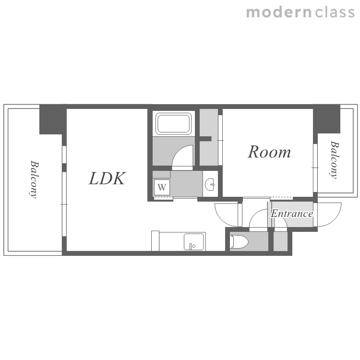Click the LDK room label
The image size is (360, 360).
[107, 179]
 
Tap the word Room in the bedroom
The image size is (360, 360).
[269, 152]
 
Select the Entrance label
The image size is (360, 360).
[292, 214]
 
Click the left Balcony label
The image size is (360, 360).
[34, 180]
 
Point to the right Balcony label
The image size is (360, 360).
[334, 159]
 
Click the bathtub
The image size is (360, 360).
[174, 123]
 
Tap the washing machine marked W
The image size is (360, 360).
[162, 187]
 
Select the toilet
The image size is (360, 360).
[239, 241]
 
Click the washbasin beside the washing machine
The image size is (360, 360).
[210, 184]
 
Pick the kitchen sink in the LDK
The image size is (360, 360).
[194, 242]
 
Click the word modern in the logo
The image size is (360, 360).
[279, 12]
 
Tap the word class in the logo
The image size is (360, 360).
[335, 12]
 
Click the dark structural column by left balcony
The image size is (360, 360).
[53, 120]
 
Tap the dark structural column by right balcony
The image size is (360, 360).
[326, 119]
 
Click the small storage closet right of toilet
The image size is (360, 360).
[280, 241]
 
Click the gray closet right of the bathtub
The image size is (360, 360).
[208, 137]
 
